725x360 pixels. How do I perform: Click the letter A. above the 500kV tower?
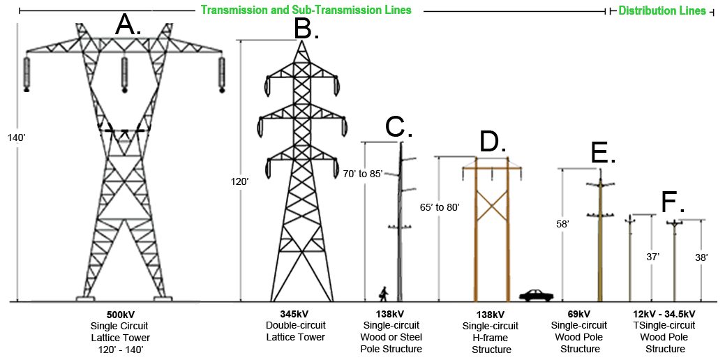(x=128, y=25)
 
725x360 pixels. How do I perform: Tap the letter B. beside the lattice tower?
(x=306, y=29)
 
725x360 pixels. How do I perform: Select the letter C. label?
(x=399, y=127)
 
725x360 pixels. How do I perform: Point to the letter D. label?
(x=493, y=142)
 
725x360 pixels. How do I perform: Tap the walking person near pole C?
(x=383, y=293)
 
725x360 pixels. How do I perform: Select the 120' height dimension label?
(x=239, y=181)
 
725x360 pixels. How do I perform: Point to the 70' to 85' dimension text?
(x=363, y=174)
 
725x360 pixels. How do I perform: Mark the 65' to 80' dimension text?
(x=440, y=207)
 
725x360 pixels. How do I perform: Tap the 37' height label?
(x=652, y=257)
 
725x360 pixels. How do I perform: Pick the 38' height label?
(x=701, y=257)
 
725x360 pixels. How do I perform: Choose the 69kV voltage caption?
(x=579, y=314)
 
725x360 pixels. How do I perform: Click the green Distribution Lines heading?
(x=662, y=11)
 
